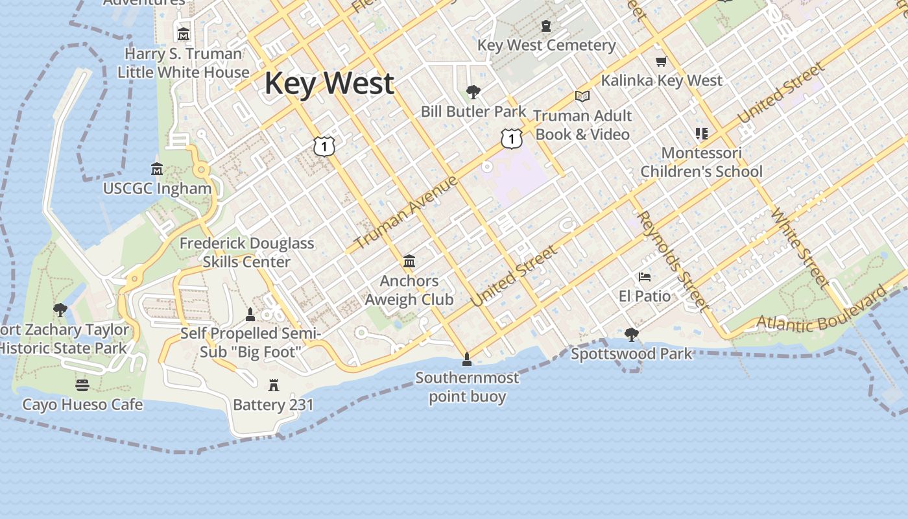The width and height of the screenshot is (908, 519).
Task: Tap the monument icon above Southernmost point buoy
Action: [x=466, y=359]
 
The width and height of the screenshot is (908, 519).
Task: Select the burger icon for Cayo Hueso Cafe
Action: [x=82, y=385]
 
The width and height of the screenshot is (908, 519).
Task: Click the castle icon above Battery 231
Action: [x=274, y=385]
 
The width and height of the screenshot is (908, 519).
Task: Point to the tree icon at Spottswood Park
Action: [x=631, y=335]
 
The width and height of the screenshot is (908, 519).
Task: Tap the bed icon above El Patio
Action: [x=644, y=277]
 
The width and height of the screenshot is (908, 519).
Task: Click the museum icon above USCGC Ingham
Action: [x=157, y=169]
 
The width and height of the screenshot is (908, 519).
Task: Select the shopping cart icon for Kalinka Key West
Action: [x=661, y=62]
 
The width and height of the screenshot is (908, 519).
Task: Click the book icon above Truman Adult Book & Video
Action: [x=582, y=97]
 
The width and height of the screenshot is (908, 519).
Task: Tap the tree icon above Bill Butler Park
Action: [x=473, y=92]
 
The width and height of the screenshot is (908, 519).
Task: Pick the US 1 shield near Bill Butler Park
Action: [x=512, y=138]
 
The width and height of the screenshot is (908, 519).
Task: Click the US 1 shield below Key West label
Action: [x=324, y=146]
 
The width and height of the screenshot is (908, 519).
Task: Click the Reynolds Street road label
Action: [x=671, y=259]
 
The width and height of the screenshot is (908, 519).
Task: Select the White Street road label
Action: [x=799, y=248]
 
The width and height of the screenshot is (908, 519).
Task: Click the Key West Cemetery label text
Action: [x=546, y=45]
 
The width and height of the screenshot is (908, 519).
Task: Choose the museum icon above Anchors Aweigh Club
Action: [x=409, y=261]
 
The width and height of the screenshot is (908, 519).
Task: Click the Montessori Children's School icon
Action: [x=701, y=134]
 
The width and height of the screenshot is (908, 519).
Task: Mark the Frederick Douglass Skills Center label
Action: [x=246, y=252]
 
